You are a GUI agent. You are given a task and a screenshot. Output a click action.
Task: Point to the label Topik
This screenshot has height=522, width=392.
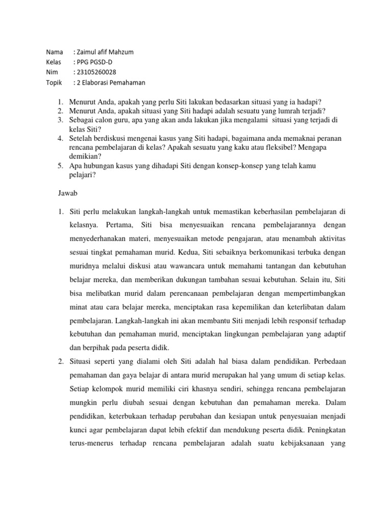point(54,83)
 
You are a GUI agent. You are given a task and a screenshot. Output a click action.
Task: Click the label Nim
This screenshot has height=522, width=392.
point(52,72)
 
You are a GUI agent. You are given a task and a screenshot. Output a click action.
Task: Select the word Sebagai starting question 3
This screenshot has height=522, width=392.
point(82,120)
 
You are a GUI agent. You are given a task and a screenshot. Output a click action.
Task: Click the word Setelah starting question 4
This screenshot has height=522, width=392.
point(81,139)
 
